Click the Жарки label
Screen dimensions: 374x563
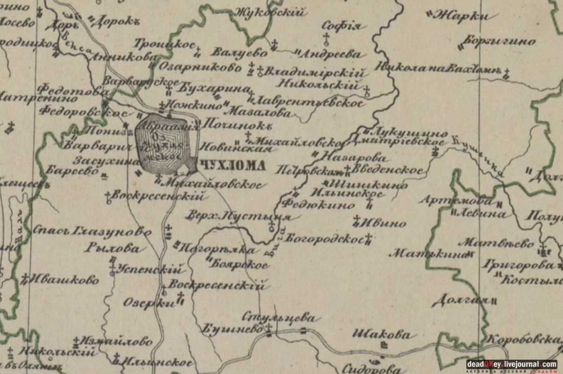(x=459, y=16)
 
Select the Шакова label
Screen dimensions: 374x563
(x=381, y=335)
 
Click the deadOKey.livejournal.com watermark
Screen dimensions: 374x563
(x=511, y=364)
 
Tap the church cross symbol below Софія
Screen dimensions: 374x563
(x=326, y=37)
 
